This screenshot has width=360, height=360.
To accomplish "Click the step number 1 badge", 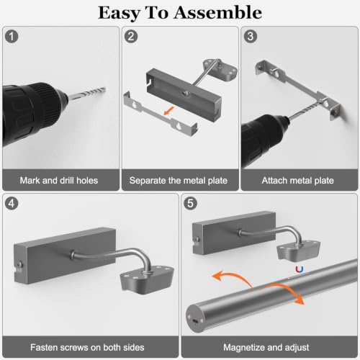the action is coord(12,37).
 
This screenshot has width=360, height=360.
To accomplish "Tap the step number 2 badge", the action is coord(131,37).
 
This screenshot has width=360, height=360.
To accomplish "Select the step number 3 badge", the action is coord(251,37).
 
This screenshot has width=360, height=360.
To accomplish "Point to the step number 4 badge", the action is coord(12,204).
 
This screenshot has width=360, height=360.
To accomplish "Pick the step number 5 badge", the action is coord(190,204).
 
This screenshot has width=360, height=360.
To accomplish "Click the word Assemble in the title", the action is coord(217,12).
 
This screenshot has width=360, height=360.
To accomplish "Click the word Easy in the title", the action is coord(119,14).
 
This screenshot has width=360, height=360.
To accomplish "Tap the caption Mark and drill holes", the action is coord(59,181).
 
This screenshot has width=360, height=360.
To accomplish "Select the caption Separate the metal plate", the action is coord(179,181).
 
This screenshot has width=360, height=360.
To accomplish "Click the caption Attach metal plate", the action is coord(298,181).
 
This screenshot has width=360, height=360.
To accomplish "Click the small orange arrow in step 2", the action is coord(169,111).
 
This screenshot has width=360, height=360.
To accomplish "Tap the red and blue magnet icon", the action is coord(300,270).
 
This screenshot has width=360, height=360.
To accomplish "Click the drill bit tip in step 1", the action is coord(105,88).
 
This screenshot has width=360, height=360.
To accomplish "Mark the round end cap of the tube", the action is coord(195,319).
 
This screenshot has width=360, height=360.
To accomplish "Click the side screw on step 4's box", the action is coord(19,265).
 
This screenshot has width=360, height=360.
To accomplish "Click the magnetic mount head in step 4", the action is coord(147,279).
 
